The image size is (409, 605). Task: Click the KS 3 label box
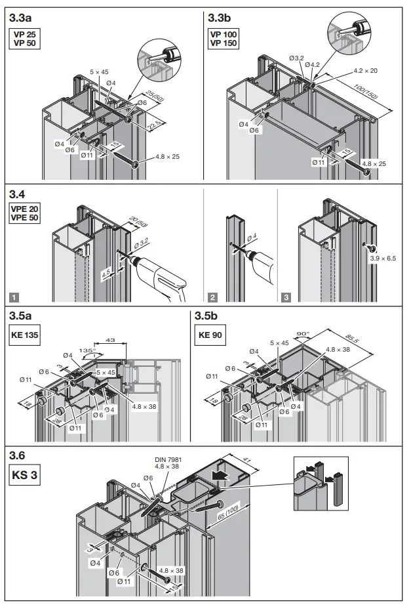point(24,474)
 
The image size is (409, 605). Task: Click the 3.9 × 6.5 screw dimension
point(383,259)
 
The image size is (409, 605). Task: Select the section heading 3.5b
point(209,316)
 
